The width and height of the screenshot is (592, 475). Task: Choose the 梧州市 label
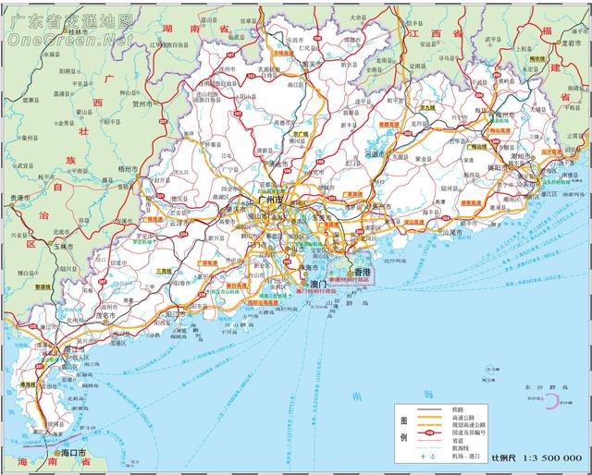(125, 170)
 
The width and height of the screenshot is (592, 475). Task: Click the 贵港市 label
(20, 199)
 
